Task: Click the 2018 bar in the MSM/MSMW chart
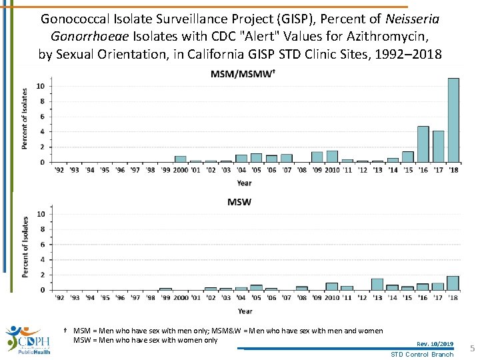(453, 121)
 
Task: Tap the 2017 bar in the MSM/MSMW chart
(438, 147)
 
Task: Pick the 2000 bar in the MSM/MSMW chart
(180, 159)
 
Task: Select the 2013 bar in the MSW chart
(377, 285)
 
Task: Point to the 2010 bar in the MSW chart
(331, 287)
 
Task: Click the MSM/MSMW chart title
(241, 74)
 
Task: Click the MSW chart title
(239, 201)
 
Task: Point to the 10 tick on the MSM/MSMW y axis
(41, 86)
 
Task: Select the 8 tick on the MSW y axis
(42, 229)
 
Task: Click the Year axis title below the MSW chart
(245, 311)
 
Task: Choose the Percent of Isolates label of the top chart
(25, 119)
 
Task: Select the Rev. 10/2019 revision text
(435, 344)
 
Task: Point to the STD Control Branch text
(421, 354)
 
